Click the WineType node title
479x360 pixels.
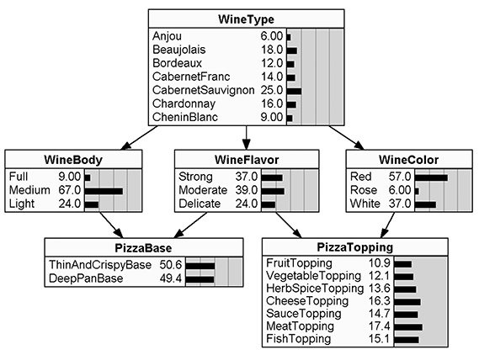(x=246, y=19)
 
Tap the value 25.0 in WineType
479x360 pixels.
(x=271, y=90)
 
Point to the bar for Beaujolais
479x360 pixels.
(x=291, y=50)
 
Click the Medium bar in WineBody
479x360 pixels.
(x=103, y=191)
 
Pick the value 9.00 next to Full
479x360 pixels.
(x=67, y=177)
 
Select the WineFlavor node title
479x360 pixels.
(x=247, y=159)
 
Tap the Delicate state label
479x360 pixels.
(x=200, y=204)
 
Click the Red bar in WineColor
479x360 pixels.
(x=430, y=177)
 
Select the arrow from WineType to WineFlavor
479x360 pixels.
(x=247, y=137)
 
